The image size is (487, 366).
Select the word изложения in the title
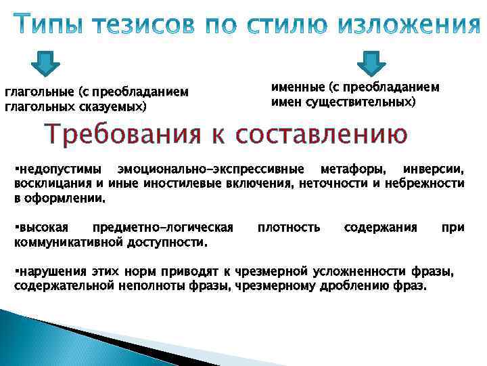point(413,25)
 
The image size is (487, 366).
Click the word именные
point(297,87)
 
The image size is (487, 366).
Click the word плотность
point(289,228)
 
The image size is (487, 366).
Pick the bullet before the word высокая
point(16,228)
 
